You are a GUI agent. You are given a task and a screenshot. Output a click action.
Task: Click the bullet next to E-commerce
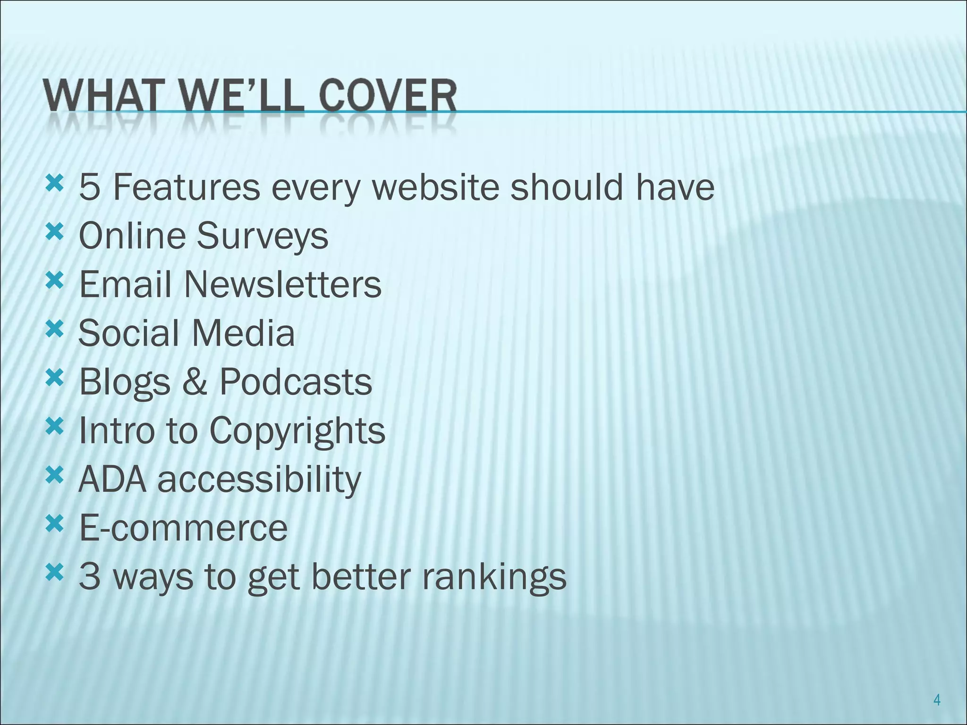click(54, 523)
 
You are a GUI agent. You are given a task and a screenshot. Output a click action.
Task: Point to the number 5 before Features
click(90, 187)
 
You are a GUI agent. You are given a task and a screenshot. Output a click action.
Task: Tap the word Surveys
click(262, 236)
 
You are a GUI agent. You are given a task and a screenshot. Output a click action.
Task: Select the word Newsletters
click(282, 285)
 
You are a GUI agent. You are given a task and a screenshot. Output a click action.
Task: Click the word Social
click(127, 333)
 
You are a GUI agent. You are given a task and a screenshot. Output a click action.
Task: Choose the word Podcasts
click(296, 382)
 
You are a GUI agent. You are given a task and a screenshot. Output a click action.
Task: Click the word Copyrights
click(297, 431)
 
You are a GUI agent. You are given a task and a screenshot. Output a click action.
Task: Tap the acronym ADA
click(112, 479)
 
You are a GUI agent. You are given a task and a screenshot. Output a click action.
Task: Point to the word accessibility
click(259, 480)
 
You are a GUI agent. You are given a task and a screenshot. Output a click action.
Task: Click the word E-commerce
click(183, 528)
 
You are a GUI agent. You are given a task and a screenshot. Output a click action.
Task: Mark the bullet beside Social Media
click(54, 329)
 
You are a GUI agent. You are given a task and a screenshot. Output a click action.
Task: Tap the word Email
click(125, 285)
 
